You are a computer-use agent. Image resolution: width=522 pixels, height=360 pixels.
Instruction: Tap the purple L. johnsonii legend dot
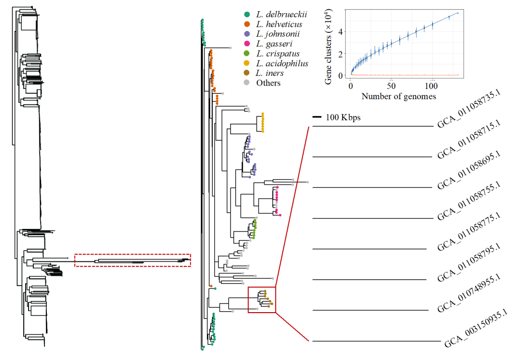tap(247, 34)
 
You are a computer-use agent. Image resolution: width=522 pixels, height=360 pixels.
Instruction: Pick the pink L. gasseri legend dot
tap(247, 44)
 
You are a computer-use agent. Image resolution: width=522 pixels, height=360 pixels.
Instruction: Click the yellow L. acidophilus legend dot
tap(247, 63)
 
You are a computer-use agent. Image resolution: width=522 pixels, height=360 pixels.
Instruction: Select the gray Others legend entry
tap(268, 83)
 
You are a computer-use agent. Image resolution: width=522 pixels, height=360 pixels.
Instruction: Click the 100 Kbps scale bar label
tap(343, 117)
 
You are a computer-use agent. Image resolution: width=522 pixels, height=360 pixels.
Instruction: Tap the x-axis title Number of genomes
tap(399, 96)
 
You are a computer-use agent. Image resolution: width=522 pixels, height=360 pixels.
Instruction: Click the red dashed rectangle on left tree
tap(132, 260)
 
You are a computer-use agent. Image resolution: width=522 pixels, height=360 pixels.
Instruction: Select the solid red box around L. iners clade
tap(261, 300)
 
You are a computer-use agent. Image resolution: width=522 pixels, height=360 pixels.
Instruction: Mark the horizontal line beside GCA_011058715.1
tap(372, 157)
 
